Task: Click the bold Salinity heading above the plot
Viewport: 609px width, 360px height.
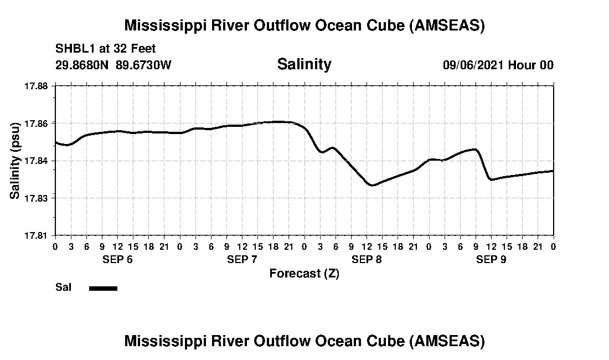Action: tap(304, 64)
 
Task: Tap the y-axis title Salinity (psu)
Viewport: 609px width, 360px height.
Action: tap(16, 161)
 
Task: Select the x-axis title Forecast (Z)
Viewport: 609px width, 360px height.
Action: tap(304, 273)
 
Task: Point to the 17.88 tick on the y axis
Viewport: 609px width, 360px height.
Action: tap(38, 86)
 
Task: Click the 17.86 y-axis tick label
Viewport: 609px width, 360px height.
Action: tap(38, 123)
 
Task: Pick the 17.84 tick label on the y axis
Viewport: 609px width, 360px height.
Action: tap(38, 161)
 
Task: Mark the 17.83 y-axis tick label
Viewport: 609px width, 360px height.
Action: tap(38, 198)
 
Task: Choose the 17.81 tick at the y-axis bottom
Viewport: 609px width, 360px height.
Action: tap(38, 235)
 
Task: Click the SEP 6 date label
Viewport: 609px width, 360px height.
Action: tap(117, 260)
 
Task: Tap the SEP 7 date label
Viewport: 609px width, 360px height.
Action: tap(242, 260)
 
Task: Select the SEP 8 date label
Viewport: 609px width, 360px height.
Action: tap(367, 260)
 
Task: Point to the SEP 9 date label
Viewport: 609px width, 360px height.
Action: tap(491, 260)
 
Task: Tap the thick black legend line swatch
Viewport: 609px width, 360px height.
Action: tap(103, 288)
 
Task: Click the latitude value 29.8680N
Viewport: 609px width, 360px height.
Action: tap(82, 65)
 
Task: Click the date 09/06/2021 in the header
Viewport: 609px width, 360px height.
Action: tap(473, 65)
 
